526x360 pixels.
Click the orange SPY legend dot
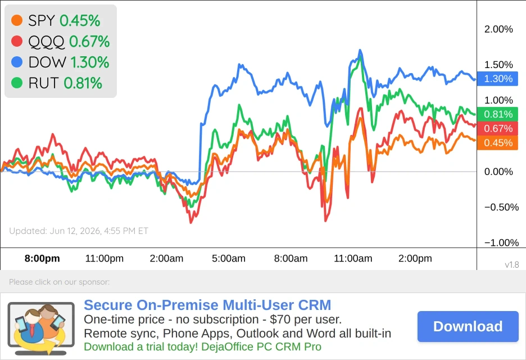[17, 20]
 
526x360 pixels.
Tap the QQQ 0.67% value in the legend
[89, 41]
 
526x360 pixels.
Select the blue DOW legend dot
[17, 62]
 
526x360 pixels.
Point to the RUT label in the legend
[44, 83]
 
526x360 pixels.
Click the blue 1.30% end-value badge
[497, 79]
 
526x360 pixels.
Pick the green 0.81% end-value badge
[497, 114]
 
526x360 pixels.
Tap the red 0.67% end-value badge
[497, 128]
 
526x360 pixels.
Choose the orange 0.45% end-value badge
[497, 143]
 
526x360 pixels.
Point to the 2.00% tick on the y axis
[498, 29]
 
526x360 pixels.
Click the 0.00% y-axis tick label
[498, 172]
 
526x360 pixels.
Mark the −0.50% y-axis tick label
[501, 207]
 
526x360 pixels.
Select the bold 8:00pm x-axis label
[42, 258]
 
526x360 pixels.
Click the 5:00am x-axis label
[229, 258]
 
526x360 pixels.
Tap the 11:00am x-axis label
[353, 258]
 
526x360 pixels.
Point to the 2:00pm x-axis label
[415, 258]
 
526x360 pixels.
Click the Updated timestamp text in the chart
[79, 231]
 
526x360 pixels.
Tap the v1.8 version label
[511, 265]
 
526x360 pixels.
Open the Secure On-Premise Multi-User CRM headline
[207, 305]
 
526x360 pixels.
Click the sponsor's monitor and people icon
[41, 328]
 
